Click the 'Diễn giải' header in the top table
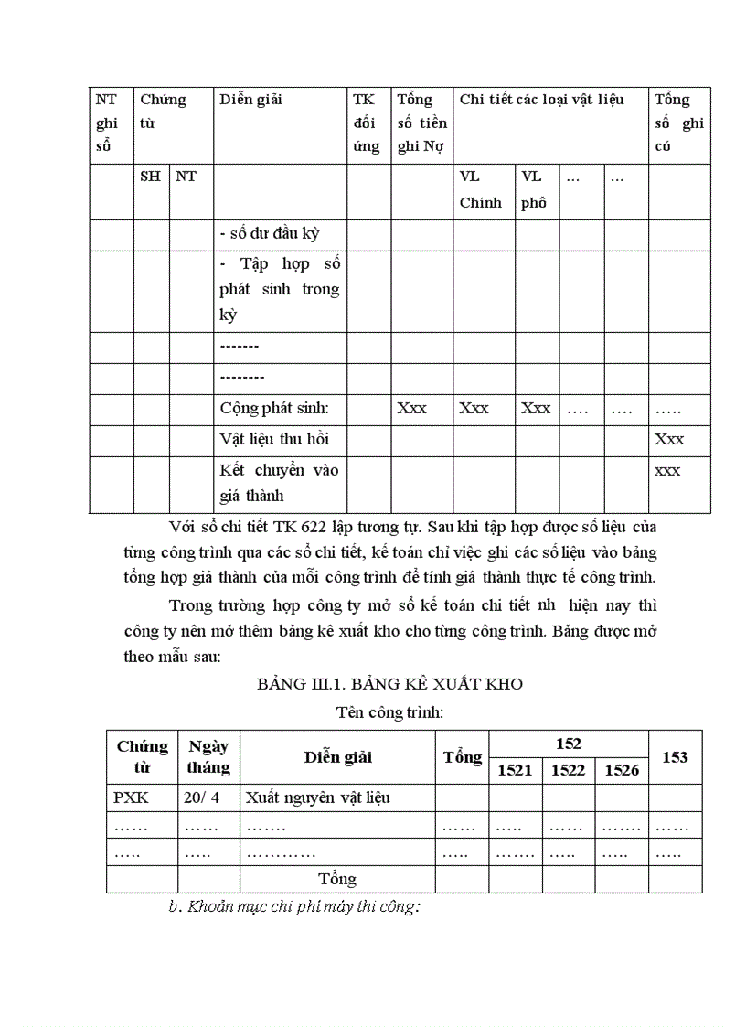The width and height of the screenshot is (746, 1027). coord(250,100)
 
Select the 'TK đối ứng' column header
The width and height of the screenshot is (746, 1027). coord(366,123)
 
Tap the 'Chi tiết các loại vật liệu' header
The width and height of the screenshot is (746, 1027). coord(541,100)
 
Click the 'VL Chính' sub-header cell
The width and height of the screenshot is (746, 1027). coord(480,189)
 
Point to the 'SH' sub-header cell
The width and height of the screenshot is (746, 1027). coord(150,177)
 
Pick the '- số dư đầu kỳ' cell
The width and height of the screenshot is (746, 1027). coord(270,233)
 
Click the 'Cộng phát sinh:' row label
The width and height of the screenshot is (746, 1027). coord(267,409)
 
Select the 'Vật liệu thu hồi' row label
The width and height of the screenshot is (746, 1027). coord(273,440)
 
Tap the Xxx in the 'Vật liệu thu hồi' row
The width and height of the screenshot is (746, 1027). coord(669,440)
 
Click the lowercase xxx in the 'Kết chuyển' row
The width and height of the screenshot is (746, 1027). coord(667,470)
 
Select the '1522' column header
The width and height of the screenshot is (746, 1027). coord(568,770)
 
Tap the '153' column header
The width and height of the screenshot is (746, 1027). coord(675,757)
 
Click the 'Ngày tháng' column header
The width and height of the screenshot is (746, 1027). coord(208,757)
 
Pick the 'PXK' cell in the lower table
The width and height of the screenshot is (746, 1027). coord(132,797)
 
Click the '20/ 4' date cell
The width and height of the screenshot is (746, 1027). coord(202,797)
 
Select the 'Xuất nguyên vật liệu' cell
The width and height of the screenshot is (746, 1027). coord(317,797)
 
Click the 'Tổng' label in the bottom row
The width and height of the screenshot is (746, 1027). coord(337,879)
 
